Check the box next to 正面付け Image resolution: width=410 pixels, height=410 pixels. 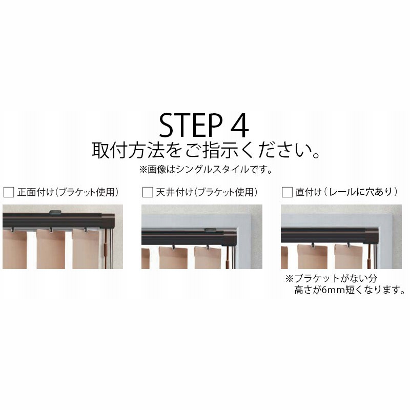9,192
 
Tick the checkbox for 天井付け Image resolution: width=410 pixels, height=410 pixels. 148,192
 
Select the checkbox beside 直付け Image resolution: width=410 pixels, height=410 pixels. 287,192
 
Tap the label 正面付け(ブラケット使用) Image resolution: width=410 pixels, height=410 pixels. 68,192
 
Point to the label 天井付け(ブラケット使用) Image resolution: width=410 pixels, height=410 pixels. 207,192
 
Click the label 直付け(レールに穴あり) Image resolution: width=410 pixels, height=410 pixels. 347,192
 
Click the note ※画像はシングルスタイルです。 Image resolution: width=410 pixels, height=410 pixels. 206,170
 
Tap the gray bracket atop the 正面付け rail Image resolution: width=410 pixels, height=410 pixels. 55,212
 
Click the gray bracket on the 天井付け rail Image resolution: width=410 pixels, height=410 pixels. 210,230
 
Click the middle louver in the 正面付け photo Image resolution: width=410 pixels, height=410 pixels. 51,249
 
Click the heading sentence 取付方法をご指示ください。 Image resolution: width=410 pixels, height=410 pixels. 206,150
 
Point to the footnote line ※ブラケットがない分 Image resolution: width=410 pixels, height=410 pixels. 331,278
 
